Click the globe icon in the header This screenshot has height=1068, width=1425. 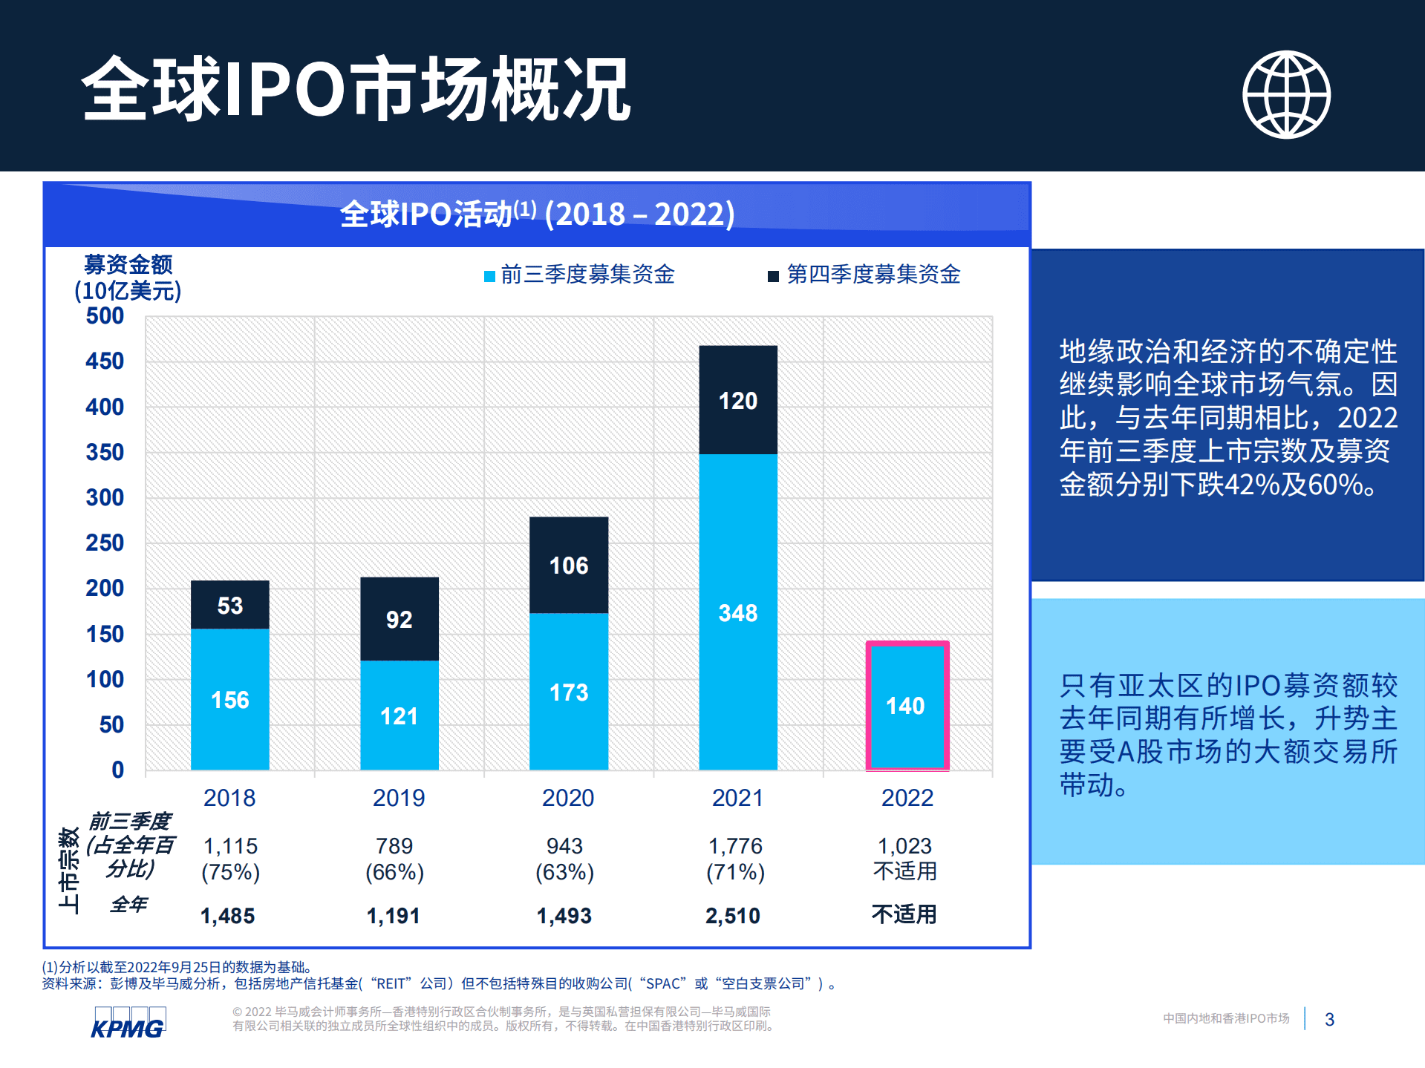[x=1286, y=94]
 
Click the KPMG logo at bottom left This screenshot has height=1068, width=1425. [x=128, y=1023]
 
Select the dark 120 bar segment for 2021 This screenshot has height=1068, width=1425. [x=737, y=400]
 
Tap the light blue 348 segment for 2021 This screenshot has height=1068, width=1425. [x=737, y=612]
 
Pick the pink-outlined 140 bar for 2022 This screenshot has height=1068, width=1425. [x=907, y=706]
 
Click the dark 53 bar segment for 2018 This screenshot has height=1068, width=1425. [x=229, y=605]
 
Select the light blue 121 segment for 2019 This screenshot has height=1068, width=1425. [x=399, y=715]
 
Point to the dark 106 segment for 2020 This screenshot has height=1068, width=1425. [x=568, y=565]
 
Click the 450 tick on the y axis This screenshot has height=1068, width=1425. [x=105, y=361]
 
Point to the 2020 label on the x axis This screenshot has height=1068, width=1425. [x=568, y=798]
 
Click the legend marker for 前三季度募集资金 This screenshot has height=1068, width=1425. [x=490, y=276]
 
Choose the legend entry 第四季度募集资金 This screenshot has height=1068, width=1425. [x=873, y=275]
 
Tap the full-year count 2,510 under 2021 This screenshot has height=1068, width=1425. [x=732, y=915]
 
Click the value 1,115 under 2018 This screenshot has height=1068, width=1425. [x=230, y=845]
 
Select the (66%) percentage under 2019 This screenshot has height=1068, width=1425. [x=394, y=872]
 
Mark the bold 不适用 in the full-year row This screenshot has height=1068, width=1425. [x=904, y=914]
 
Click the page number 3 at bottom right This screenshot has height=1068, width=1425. [x=1329, y=1019]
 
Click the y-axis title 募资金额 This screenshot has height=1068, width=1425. [x=128, y=263]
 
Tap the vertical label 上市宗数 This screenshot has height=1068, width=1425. [x=68, y=870]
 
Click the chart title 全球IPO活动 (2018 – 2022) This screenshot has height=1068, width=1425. [x=537, y=214]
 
